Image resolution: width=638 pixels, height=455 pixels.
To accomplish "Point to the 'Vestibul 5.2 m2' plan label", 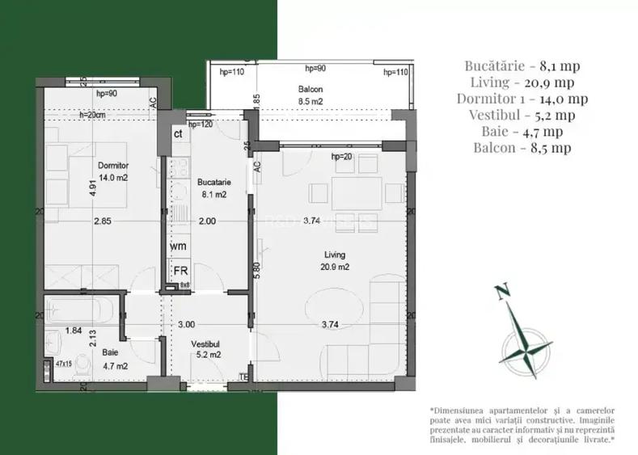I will [x=206, y=348].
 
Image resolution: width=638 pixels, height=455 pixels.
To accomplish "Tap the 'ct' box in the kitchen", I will [x=177, y=134].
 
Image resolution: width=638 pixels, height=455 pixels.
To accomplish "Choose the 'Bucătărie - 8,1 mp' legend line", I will [x=522, y=65].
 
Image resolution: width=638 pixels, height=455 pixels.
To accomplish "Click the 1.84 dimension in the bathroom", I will [x=74, y=330].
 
